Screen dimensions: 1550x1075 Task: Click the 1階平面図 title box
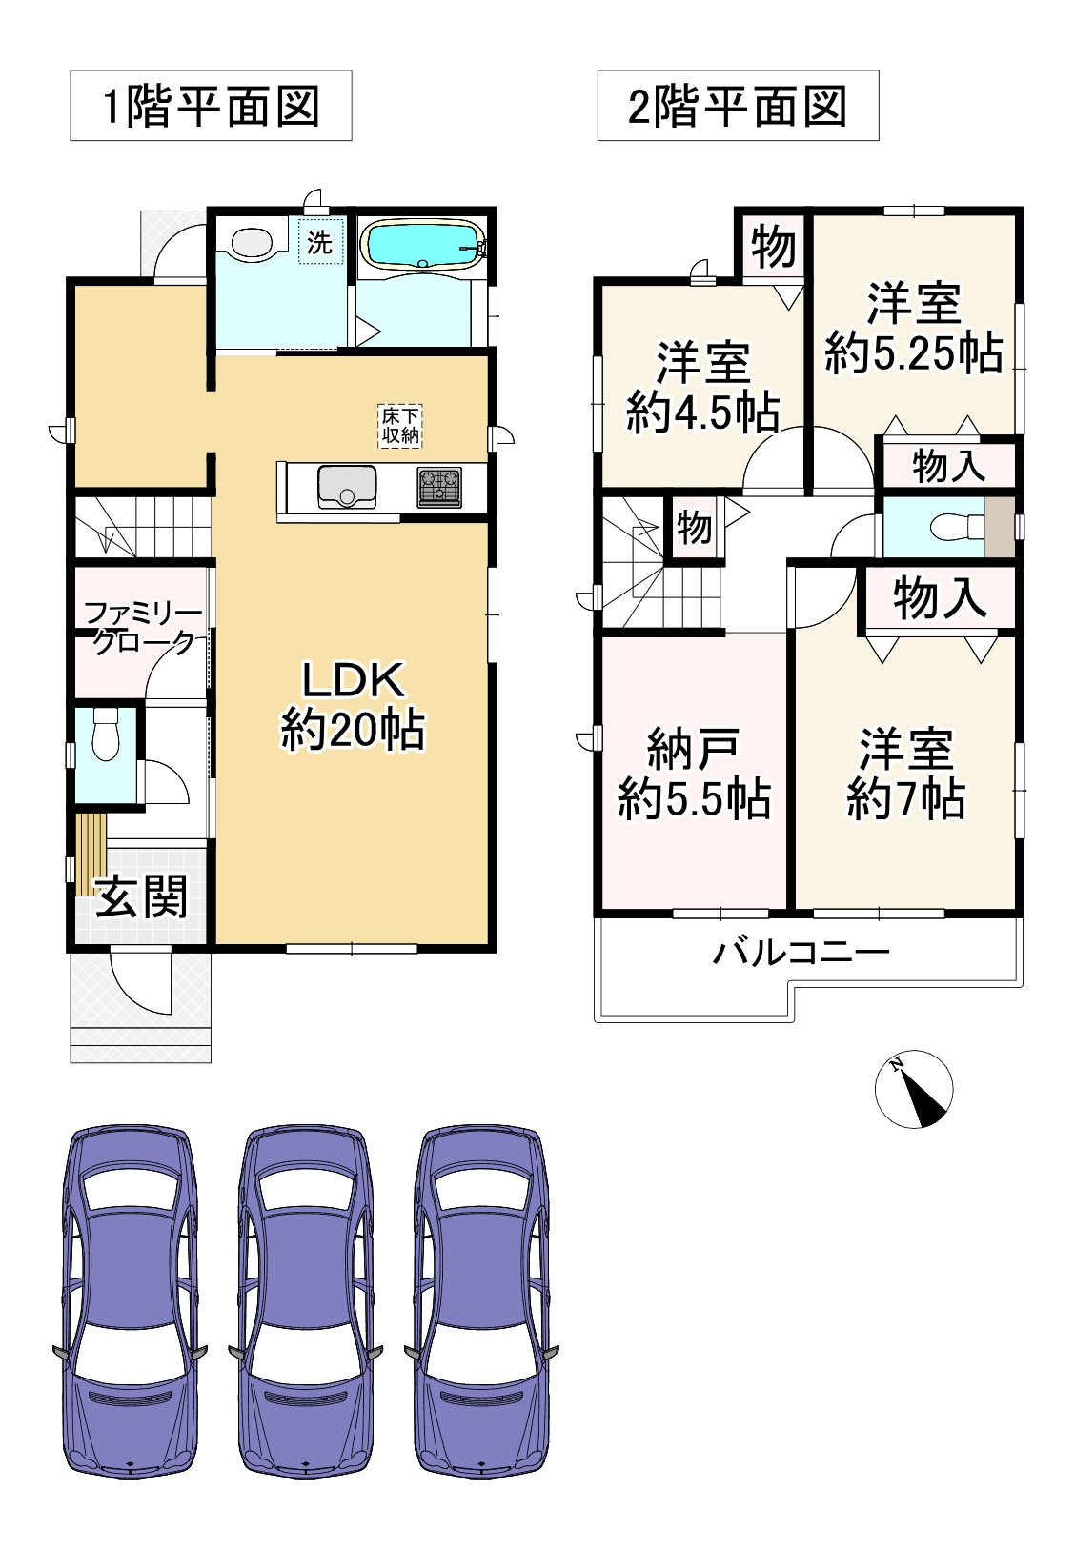pos(211,106)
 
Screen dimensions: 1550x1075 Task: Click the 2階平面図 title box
pos(738,106)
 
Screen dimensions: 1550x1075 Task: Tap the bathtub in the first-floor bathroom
pos(421,244)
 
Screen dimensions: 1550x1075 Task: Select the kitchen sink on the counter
pos(347,486)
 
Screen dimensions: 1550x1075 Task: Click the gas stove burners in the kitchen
pos(438,486)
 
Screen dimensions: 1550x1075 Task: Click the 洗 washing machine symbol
pos(319,243)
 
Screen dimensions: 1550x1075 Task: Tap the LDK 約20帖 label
pos(352,706)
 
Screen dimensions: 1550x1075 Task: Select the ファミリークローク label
pos(141,628)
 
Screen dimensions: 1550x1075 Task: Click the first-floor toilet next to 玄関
pos(104,734)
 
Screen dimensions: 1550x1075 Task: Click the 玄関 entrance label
pos(141,896)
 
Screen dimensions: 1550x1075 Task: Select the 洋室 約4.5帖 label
pos(702,388)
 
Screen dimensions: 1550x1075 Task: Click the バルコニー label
pos(801,952)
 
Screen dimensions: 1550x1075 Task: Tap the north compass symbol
pos(914,1089)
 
